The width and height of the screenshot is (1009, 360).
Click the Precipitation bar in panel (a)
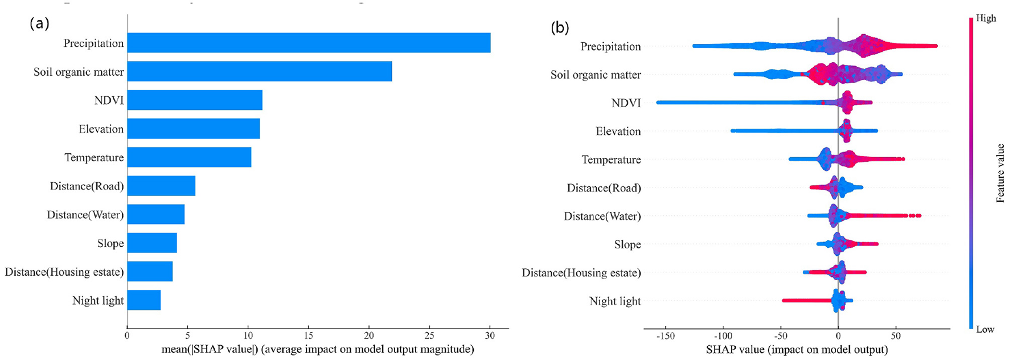(x=309, y=43)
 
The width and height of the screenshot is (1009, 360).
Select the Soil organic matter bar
(x=259, y=72)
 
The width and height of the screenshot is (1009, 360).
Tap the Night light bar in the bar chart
(x=143, y=300)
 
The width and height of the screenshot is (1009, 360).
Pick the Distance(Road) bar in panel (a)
(x=161, y=186)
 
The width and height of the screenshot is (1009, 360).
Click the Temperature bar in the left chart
(x=189, y=157)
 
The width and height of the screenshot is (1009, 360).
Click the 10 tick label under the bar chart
(x=248, y=336)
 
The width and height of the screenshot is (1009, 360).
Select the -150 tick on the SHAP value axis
(x=665, y=336)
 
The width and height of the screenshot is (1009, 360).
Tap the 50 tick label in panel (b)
(x=896, y=336)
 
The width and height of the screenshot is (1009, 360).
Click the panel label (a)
(x=39, y=23)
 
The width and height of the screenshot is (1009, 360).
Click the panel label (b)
(x=560, y=28)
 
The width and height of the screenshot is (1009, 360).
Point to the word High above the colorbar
(x=986, y=18)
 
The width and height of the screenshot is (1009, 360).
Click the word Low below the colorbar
(x=985, y=329)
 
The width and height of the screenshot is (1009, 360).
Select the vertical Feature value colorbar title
(x=1000, y=173)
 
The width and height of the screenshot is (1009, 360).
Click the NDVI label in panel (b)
(x=626, y=103)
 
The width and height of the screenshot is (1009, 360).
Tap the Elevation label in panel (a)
(x=101, y=129)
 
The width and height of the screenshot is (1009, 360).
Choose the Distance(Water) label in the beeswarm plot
(x=602, y=216)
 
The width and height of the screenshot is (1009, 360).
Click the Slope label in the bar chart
(x=110, y=244)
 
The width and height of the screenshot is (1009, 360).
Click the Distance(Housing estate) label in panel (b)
(x=581, y=273)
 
